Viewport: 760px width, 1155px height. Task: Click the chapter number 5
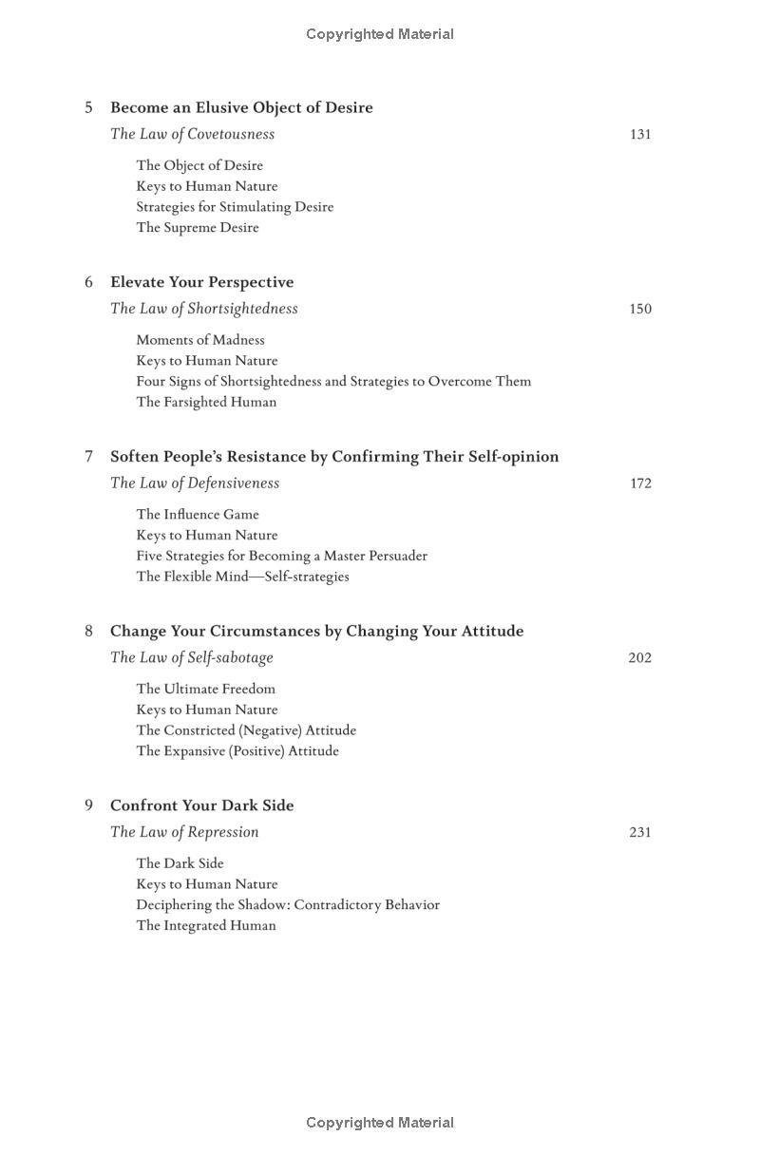click(89, 107)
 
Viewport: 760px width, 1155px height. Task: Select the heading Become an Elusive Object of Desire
click(241, 107)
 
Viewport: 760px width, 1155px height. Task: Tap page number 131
click(640, 135)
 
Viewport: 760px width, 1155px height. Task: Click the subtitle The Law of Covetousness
click(192, 135)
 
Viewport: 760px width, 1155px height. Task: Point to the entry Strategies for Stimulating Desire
click(235, 207)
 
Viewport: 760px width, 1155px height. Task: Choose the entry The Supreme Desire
click(198, 228)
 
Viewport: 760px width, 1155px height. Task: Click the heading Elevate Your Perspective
click(201, 282)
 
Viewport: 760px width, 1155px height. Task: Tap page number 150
click(640, 309)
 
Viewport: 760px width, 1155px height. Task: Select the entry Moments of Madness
click(200, 340)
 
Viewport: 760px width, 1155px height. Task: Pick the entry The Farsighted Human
click(206, 402)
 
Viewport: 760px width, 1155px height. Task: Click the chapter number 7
click(89, 457)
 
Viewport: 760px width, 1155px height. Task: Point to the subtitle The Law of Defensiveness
click(195, 483)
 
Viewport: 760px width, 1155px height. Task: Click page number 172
click(640, 483)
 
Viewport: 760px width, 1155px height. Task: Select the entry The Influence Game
click(198, 515)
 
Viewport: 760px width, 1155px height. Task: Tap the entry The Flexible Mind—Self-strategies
click(242, 577)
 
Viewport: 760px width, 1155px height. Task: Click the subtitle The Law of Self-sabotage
click(192, 658)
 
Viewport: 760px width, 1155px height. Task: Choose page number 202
click(640, 658)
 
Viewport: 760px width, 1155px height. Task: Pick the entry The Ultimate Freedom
click(205, 690)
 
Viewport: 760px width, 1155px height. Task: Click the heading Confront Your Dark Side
click(201, 805)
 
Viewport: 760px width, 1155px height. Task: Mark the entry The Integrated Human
click(206, 926)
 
